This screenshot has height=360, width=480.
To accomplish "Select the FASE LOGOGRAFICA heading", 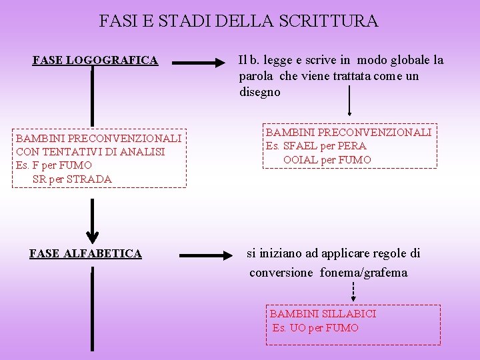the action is [95, 61].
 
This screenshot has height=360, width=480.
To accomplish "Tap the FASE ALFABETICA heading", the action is [86, 253].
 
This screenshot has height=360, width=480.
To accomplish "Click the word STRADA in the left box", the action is [89, 179].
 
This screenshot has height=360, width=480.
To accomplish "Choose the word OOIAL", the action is [301, 160].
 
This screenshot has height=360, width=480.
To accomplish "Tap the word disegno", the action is [260, 93].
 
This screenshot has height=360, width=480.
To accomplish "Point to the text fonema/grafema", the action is [363, 273].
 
